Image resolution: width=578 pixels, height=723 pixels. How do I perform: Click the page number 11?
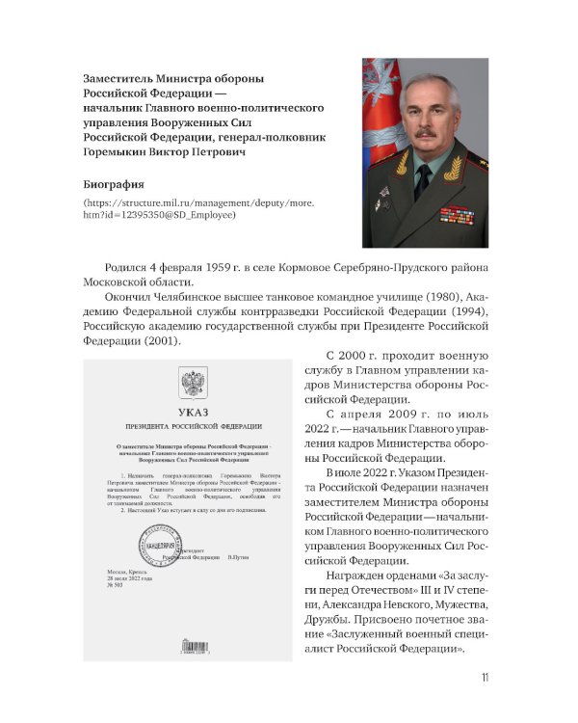tap(485, 677)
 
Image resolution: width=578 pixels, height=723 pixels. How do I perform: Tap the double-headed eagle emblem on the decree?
tap(193, 384)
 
